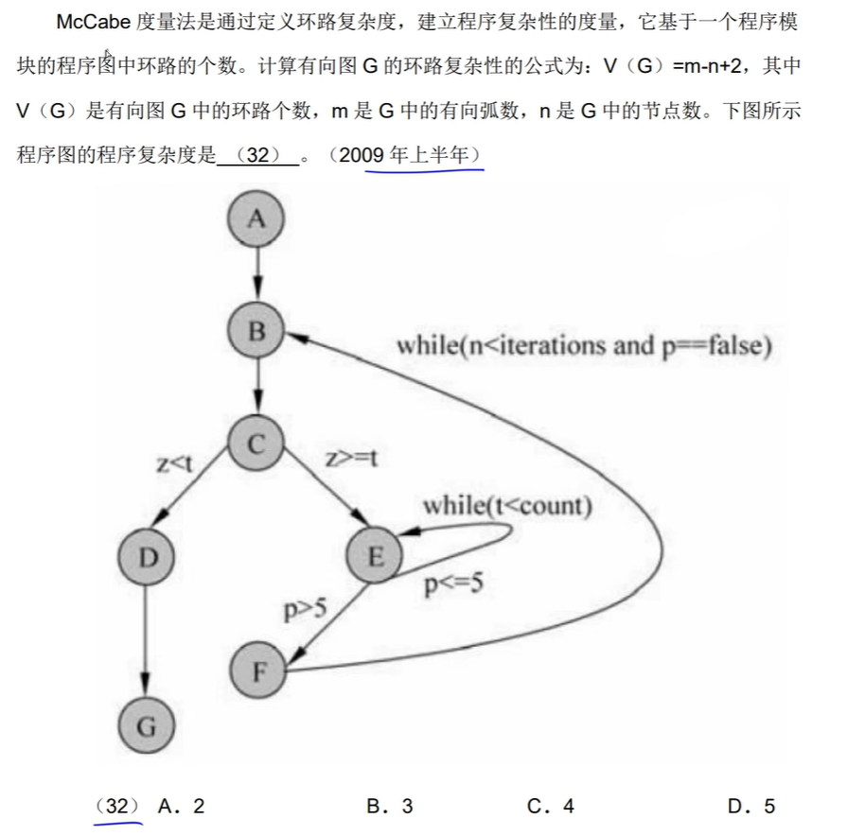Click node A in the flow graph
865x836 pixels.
click(256, 219)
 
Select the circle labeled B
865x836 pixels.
click(256, 332)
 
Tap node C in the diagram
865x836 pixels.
click(256, 444)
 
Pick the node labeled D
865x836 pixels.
click(146, 558)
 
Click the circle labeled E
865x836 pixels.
click(375, 558)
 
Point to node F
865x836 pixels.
click(258, 672)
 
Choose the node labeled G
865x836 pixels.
click(146, 726)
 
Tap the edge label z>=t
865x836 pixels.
click(351, 460)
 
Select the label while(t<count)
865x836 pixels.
click(507, 505)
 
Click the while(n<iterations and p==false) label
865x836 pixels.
click(584, 345)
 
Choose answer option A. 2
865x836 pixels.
click(182, 806)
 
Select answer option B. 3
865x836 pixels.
click(390, 806)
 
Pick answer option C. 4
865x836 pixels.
click(551, 806)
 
